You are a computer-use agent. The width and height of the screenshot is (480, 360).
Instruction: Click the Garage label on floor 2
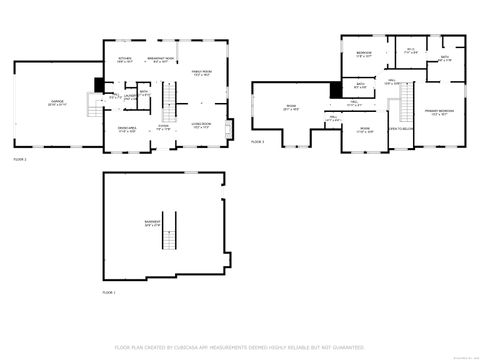coord(57,103)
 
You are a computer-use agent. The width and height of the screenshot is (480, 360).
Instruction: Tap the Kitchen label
coord(125,60)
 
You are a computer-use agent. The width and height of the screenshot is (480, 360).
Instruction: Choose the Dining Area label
coord(127,130)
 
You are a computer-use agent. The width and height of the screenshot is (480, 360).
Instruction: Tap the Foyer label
coord(163,127)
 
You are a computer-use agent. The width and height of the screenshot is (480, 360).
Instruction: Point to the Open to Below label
coord(401,129)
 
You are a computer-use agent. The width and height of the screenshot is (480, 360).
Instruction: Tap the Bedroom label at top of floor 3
coord(364,54)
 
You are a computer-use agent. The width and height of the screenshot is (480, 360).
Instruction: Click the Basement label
coord(152,223)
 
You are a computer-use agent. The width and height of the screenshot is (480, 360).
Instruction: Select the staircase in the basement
coord(171,232)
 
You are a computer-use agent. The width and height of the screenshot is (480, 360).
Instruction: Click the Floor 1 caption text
coord(109,292)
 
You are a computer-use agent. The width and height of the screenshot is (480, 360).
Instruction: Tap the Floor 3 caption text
coord(258,142)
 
